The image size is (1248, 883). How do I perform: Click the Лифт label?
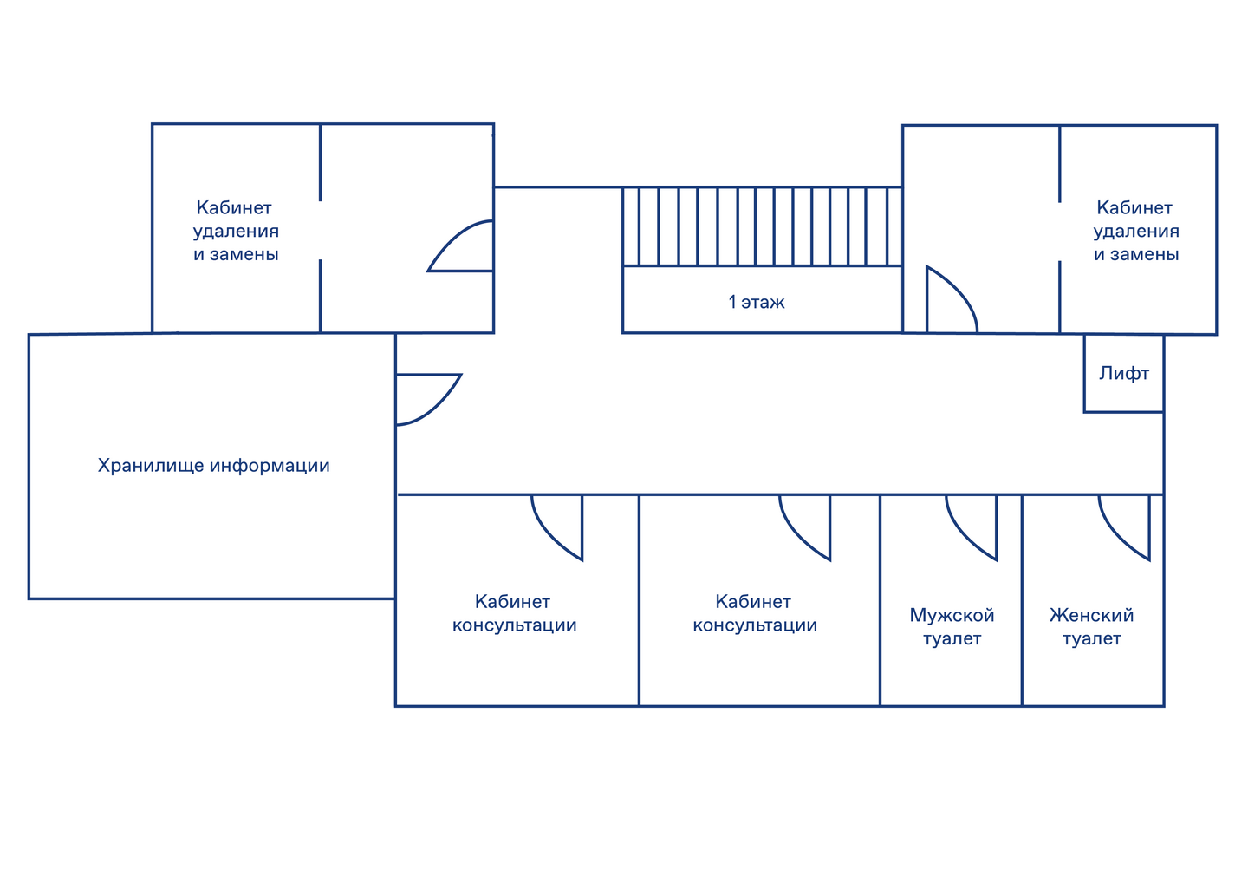(x=1123, y=374)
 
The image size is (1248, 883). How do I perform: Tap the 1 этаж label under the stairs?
(x=757, y=302)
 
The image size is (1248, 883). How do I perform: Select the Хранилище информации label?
(x=213, y=466)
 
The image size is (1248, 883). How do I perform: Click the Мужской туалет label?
(x=952, y=627)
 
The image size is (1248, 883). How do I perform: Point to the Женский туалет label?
(x=1091, y=627)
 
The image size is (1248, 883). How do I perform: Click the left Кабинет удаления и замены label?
(x=236, y=231)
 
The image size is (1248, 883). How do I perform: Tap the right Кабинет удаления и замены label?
(x=1135, y=231)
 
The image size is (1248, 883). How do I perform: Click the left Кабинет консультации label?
(x=514, y=613)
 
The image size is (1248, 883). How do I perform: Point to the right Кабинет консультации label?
(x=754, y=613)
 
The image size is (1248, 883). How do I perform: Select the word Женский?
(x=1091, y=616)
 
